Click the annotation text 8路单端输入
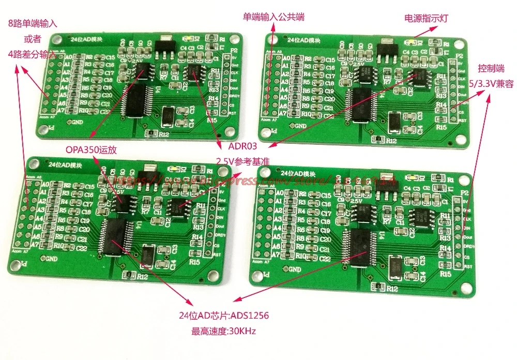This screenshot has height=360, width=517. coord(32,23)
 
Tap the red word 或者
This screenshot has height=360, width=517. coord(32,38)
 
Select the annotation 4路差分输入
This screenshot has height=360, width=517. coord(32,53)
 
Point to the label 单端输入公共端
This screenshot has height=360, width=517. coord(274,17)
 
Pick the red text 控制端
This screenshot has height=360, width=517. coord(489,68)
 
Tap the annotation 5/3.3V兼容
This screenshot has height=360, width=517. coord(489,83)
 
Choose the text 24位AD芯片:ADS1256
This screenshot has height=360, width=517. coord(223,316)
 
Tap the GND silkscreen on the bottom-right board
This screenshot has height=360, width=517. coord(294,269)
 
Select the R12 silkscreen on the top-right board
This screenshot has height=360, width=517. coord(391,141)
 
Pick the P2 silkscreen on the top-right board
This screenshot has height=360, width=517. coord(458,56)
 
